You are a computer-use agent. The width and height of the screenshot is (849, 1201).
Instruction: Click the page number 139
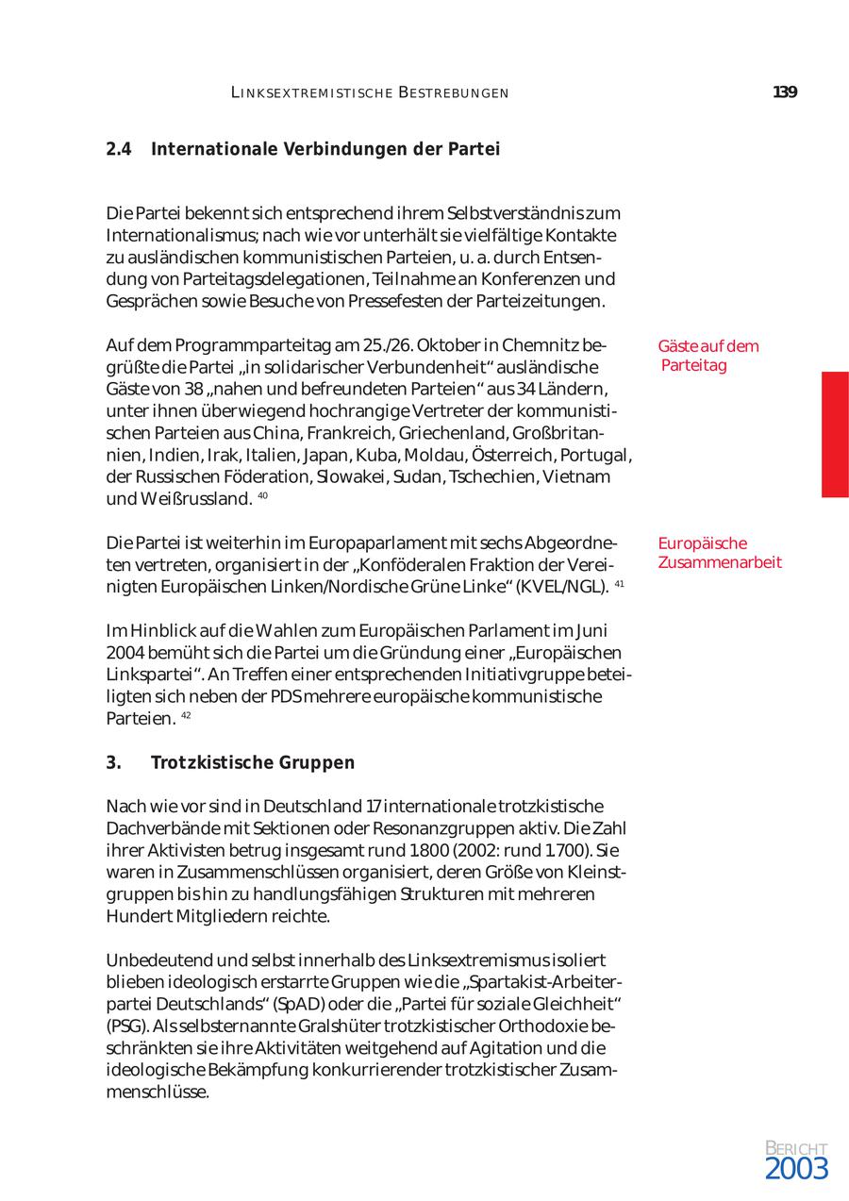coord(785,92)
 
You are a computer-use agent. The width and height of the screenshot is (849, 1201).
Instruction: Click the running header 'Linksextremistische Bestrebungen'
coord(370,92)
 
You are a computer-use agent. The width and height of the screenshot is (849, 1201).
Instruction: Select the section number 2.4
coord(118,149)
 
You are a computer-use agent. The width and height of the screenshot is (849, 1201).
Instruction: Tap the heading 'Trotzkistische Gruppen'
coord(252,763)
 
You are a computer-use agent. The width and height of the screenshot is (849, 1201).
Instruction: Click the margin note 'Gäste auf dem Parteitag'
coord(707,356)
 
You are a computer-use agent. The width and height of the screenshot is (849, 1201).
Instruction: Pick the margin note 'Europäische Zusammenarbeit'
coord(719,553)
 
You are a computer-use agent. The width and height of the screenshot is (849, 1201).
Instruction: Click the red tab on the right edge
coord(835,434)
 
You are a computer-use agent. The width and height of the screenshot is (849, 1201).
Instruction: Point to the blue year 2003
coord(796,1170)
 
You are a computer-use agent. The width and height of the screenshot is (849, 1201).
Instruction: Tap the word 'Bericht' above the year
coord(796,1147)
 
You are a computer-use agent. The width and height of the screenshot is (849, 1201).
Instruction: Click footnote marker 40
coord(262,496)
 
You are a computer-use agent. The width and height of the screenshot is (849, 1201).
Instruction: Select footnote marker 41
coord(620,585)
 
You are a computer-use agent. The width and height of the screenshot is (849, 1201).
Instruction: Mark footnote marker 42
coord(186,716)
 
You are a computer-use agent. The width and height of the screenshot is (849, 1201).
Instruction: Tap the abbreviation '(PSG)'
coord(125,1026)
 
